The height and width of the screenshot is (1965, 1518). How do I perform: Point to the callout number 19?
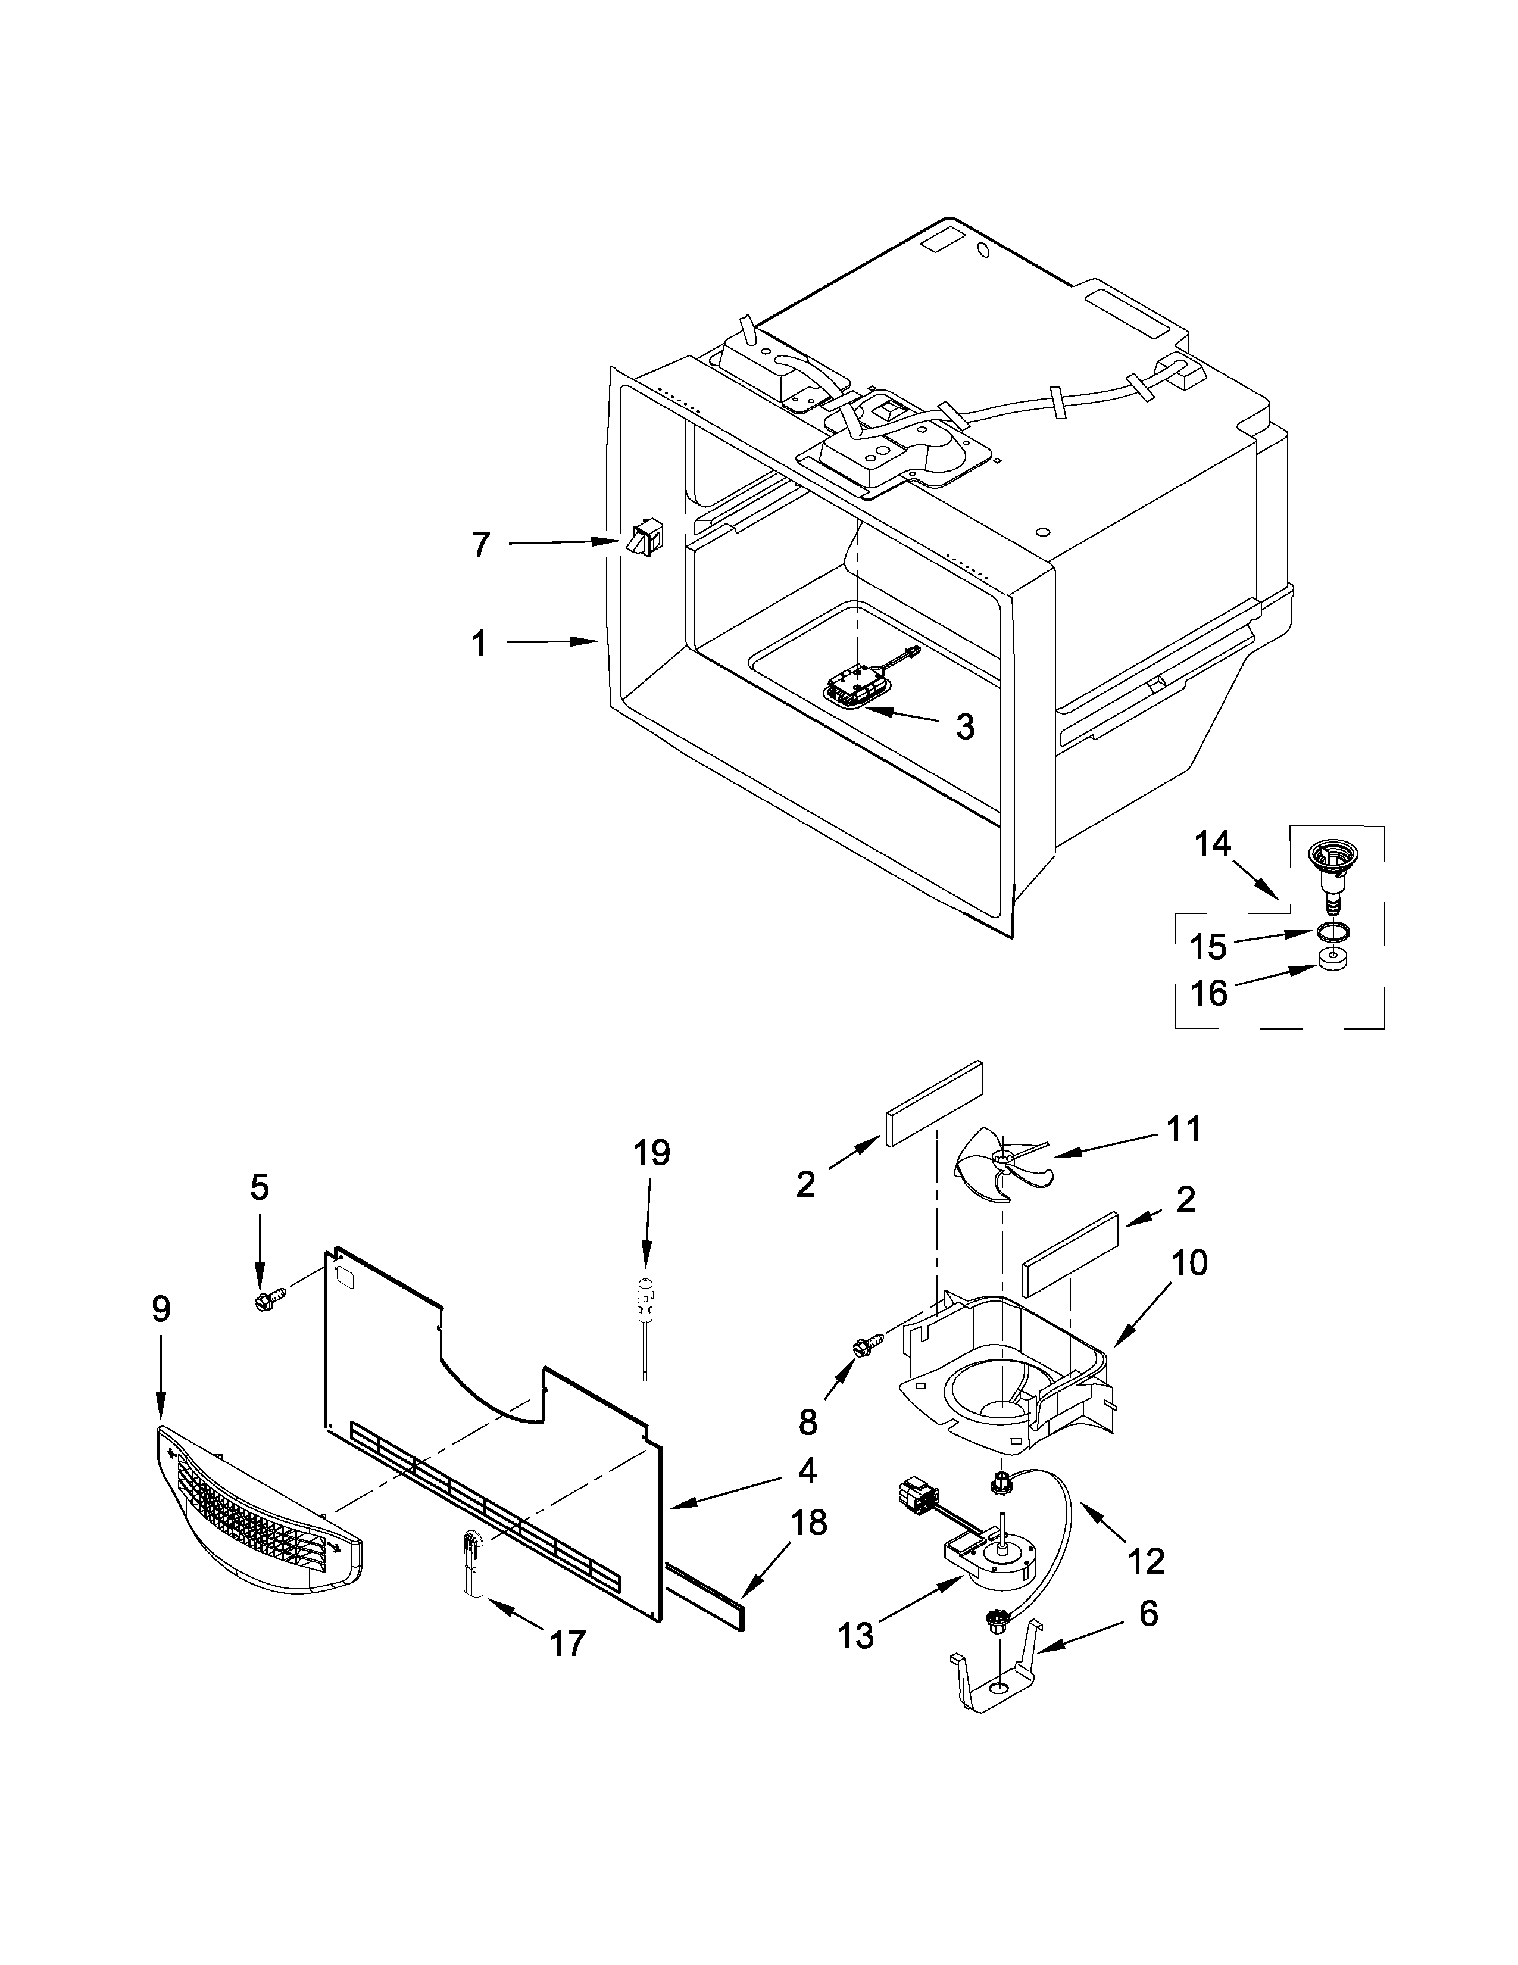click(651, 1153)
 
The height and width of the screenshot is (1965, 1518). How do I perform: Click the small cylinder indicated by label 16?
click(1333, 961)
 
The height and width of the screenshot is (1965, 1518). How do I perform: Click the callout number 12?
click(1147, 1561)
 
